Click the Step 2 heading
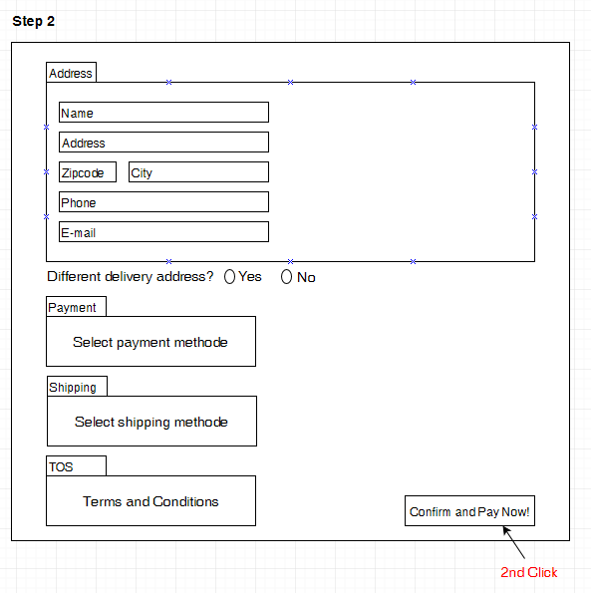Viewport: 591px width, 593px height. [x=33, y=21]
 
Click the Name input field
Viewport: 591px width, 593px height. [x=163, y=112]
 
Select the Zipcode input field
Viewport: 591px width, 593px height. [x=88, y=172]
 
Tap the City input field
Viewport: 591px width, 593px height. [x=198, y=172]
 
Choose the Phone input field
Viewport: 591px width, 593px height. [x=163, y=202]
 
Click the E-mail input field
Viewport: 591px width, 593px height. [x=163, y=232]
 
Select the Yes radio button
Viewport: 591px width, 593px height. [x=229, y=276]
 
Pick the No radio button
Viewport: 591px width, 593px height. [x=286, y=276]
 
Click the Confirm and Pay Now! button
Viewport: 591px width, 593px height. [x=469, y=510]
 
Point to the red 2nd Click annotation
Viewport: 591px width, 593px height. [x=528, y=572]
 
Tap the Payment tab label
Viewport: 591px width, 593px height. [x=76, y=307]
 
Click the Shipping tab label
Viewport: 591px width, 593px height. [x=77, y=387]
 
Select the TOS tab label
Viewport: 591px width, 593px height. [x=76, y=466]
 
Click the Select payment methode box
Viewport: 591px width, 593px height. [x=150, y=342]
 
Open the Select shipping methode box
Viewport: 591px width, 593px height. [x=152, y=422]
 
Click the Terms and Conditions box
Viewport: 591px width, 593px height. [x=150, y=501]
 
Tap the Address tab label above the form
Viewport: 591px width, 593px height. [x=71, y=72]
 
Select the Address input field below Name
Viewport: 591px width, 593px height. [x=163, y=143]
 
